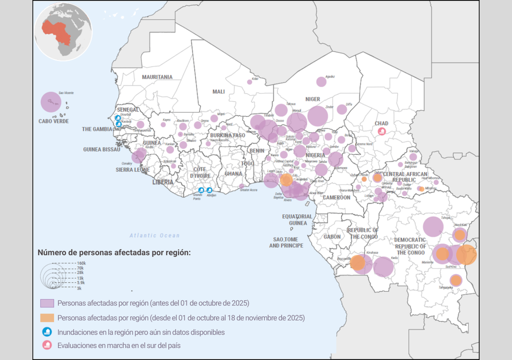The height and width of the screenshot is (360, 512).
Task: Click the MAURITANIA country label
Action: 157,77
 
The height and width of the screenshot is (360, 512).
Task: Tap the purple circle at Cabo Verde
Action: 50,102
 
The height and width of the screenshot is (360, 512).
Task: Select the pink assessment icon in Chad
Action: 382,131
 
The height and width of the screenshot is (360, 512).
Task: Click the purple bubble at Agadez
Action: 321,82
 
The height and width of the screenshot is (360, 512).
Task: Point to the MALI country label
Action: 218,91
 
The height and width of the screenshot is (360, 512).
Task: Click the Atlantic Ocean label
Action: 154,235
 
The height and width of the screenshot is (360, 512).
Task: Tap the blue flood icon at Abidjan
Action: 209,190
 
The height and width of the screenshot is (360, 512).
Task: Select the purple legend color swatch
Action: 47,303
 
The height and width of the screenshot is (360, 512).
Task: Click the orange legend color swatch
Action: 47,317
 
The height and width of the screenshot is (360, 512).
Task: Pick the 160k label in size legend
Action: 81,263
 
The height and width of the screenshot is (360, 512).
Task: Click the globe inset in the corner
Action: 63,31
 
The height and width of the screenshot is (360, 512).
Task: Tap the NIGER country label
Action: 312,99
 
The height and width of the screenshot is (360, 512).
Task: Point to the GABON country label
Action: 332,237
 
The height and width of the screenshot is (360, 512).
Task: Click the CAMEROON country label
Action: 336,197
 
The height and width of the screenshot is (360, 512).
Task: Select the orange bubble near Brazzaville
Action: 357,262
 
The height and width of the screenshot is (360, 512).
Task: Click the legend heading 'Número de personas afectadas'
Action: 114,252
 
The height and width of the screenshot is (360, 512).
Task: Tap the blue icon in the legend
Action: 47,331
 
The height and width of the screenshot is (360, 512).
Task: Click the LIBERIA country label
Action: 162,182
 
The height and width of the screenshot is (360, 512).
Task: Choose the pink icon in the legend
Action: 47,345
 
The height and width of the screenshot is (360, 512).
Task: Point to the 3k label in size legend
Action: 79,288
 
